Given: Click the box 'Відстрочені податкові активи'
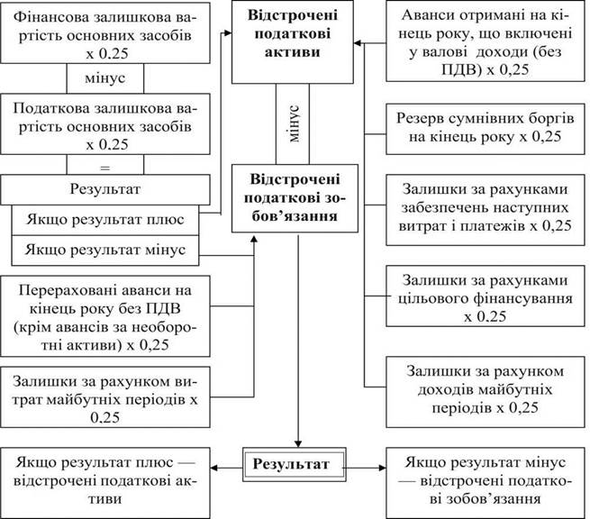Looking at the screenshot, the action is tap(293, 41).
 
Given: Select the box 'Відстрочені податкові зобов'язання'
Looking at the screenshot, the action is tap(295, 198).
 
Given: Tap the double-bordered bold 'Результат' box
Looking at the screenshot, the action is tap(295, 464).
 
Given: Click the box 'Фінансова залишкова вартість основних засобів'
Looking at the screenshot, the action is tap(105, 32).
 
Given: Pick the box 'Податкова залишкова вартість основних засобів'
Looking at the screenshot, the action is tap(105, 123).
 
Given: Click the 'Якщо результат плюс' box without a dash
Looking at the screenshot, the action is tap(105, 220).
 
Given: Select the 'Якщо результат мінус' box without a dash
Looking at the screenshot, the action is tap(105, 250).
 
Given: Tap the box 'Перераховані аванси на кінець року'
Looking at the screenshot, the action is tap(105, 316).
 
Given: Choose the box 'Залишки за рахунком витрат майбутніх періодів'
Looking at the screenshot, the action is tap(105, 397).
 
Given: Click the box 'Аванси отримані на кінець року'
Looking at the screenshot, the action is tap(486, 41).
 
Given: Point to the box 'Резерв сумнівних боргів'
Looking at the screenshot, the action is tap(486, 128).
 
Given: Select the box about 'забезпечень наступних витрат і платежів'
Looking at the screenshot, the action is tap(486, 210).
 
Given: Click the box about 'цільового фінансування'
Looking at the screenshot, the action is tap(486, 296).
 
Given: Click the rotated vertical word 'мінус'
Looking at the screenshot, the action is tap(295, 123).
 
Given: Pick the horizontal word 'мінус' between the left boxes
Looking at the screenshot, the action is tap(105, 78).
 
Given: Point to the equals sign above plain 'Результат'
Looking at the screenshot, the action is tap(105, 168).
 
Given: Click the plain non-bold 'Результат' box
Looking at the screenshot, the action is tap(105, 189).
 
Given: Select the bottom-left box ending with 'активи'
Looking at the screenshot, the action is tap(105, 483).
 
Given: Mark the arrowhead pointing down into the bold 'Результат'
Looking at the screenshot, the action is tap(298, 443).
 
